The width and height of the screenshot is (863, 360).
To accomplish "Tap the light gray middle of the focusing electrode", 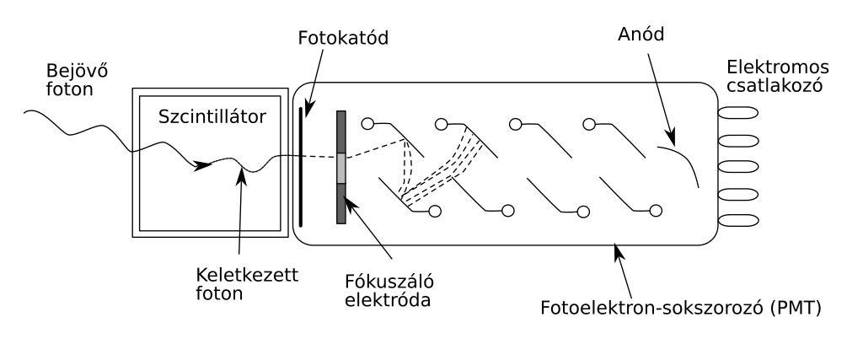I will [x=340, y=168].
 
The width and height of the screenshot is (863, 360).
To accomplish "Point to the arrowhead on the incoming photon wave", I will [x=202, y=165].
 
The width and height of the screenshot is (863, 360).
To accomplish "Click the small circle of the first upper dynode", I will [x=367, y=124].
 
